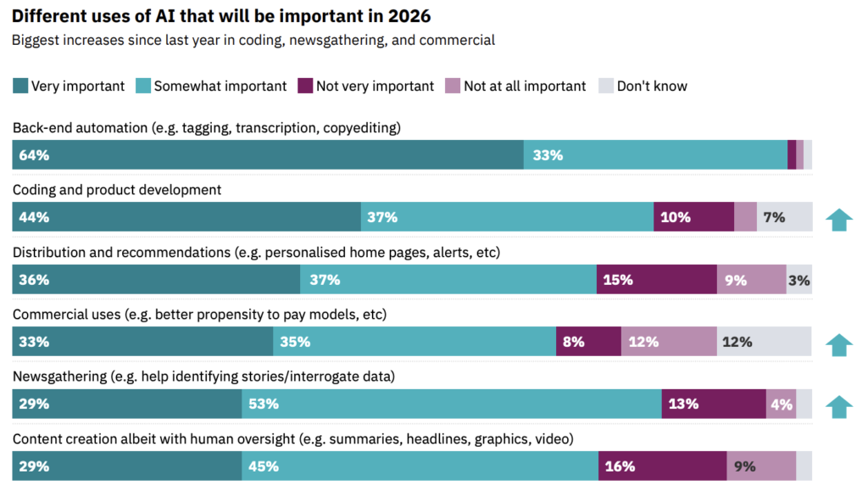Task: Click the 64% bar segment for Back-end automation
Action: click(268, 155)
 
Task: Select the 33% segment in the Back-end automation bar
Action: click(655, 155)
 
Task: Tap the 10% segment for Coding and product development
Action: click(693, 217)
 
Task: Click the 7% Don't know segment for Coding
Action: click(784, 217)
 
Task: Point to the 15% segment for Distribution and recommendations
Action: click(656, 280)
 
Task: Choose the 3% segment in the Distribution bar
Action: click(798, 280)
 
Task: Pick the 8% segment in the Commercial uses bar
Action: click(588, 342)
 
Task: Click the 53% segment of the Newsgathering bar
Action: click(452, 404)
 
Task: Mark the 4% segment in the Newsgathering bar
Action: click(781, 404)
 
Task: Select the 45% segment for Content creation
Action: click(420, 466)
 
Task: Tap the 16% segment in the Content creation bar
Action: click(662, 466)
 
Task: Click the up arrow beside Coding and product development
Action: click(838, 220)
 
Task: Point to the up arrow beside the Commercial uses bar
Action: click(838, 344)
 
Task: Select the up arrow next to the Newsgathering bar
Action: click(838, 406)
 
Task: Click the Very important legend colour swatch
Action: click(20, 86)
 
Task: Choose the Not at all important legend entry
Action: click(524, 86)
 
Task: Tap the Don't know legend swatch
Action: click(606, 86)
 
